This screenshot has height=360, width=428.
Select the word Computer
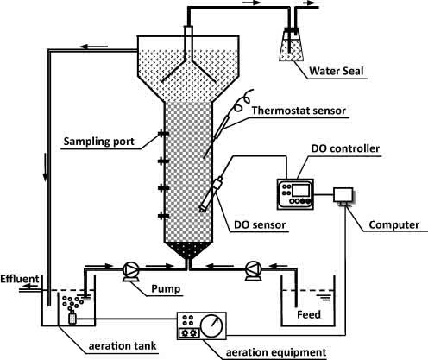point(392,225)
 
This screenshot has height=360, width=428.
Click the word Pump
point(166,287)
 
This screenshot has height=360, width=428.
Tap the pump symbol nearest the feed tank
point(253,268)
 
